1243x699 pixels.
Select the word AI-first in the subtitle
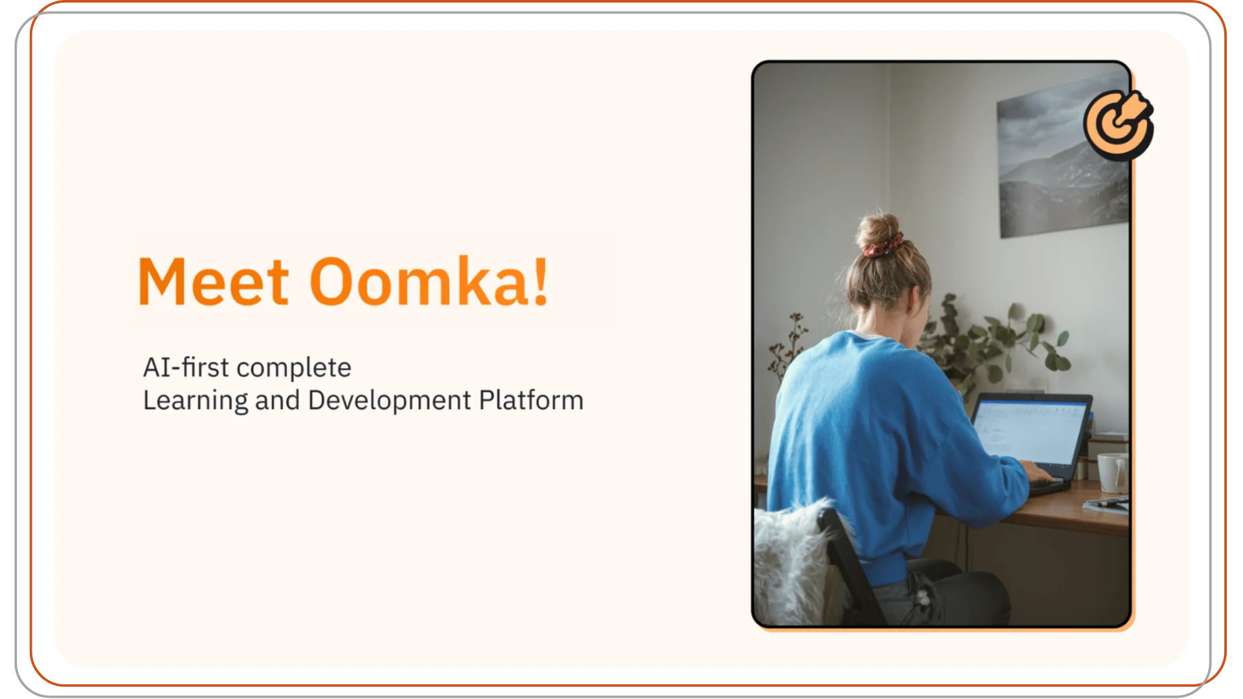click(186, 367)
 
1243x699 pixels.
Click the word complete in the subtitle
click(294, 368)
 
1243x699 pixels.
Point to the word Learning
click(196, 401)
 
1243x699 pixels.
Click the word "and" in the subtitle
click(278, 400)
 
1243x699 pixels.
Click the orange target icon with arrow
click(1119, 125)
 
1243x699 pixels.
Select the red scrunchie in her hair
click(882, 246)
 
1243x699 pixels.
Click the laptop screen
click(1031, 430)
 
